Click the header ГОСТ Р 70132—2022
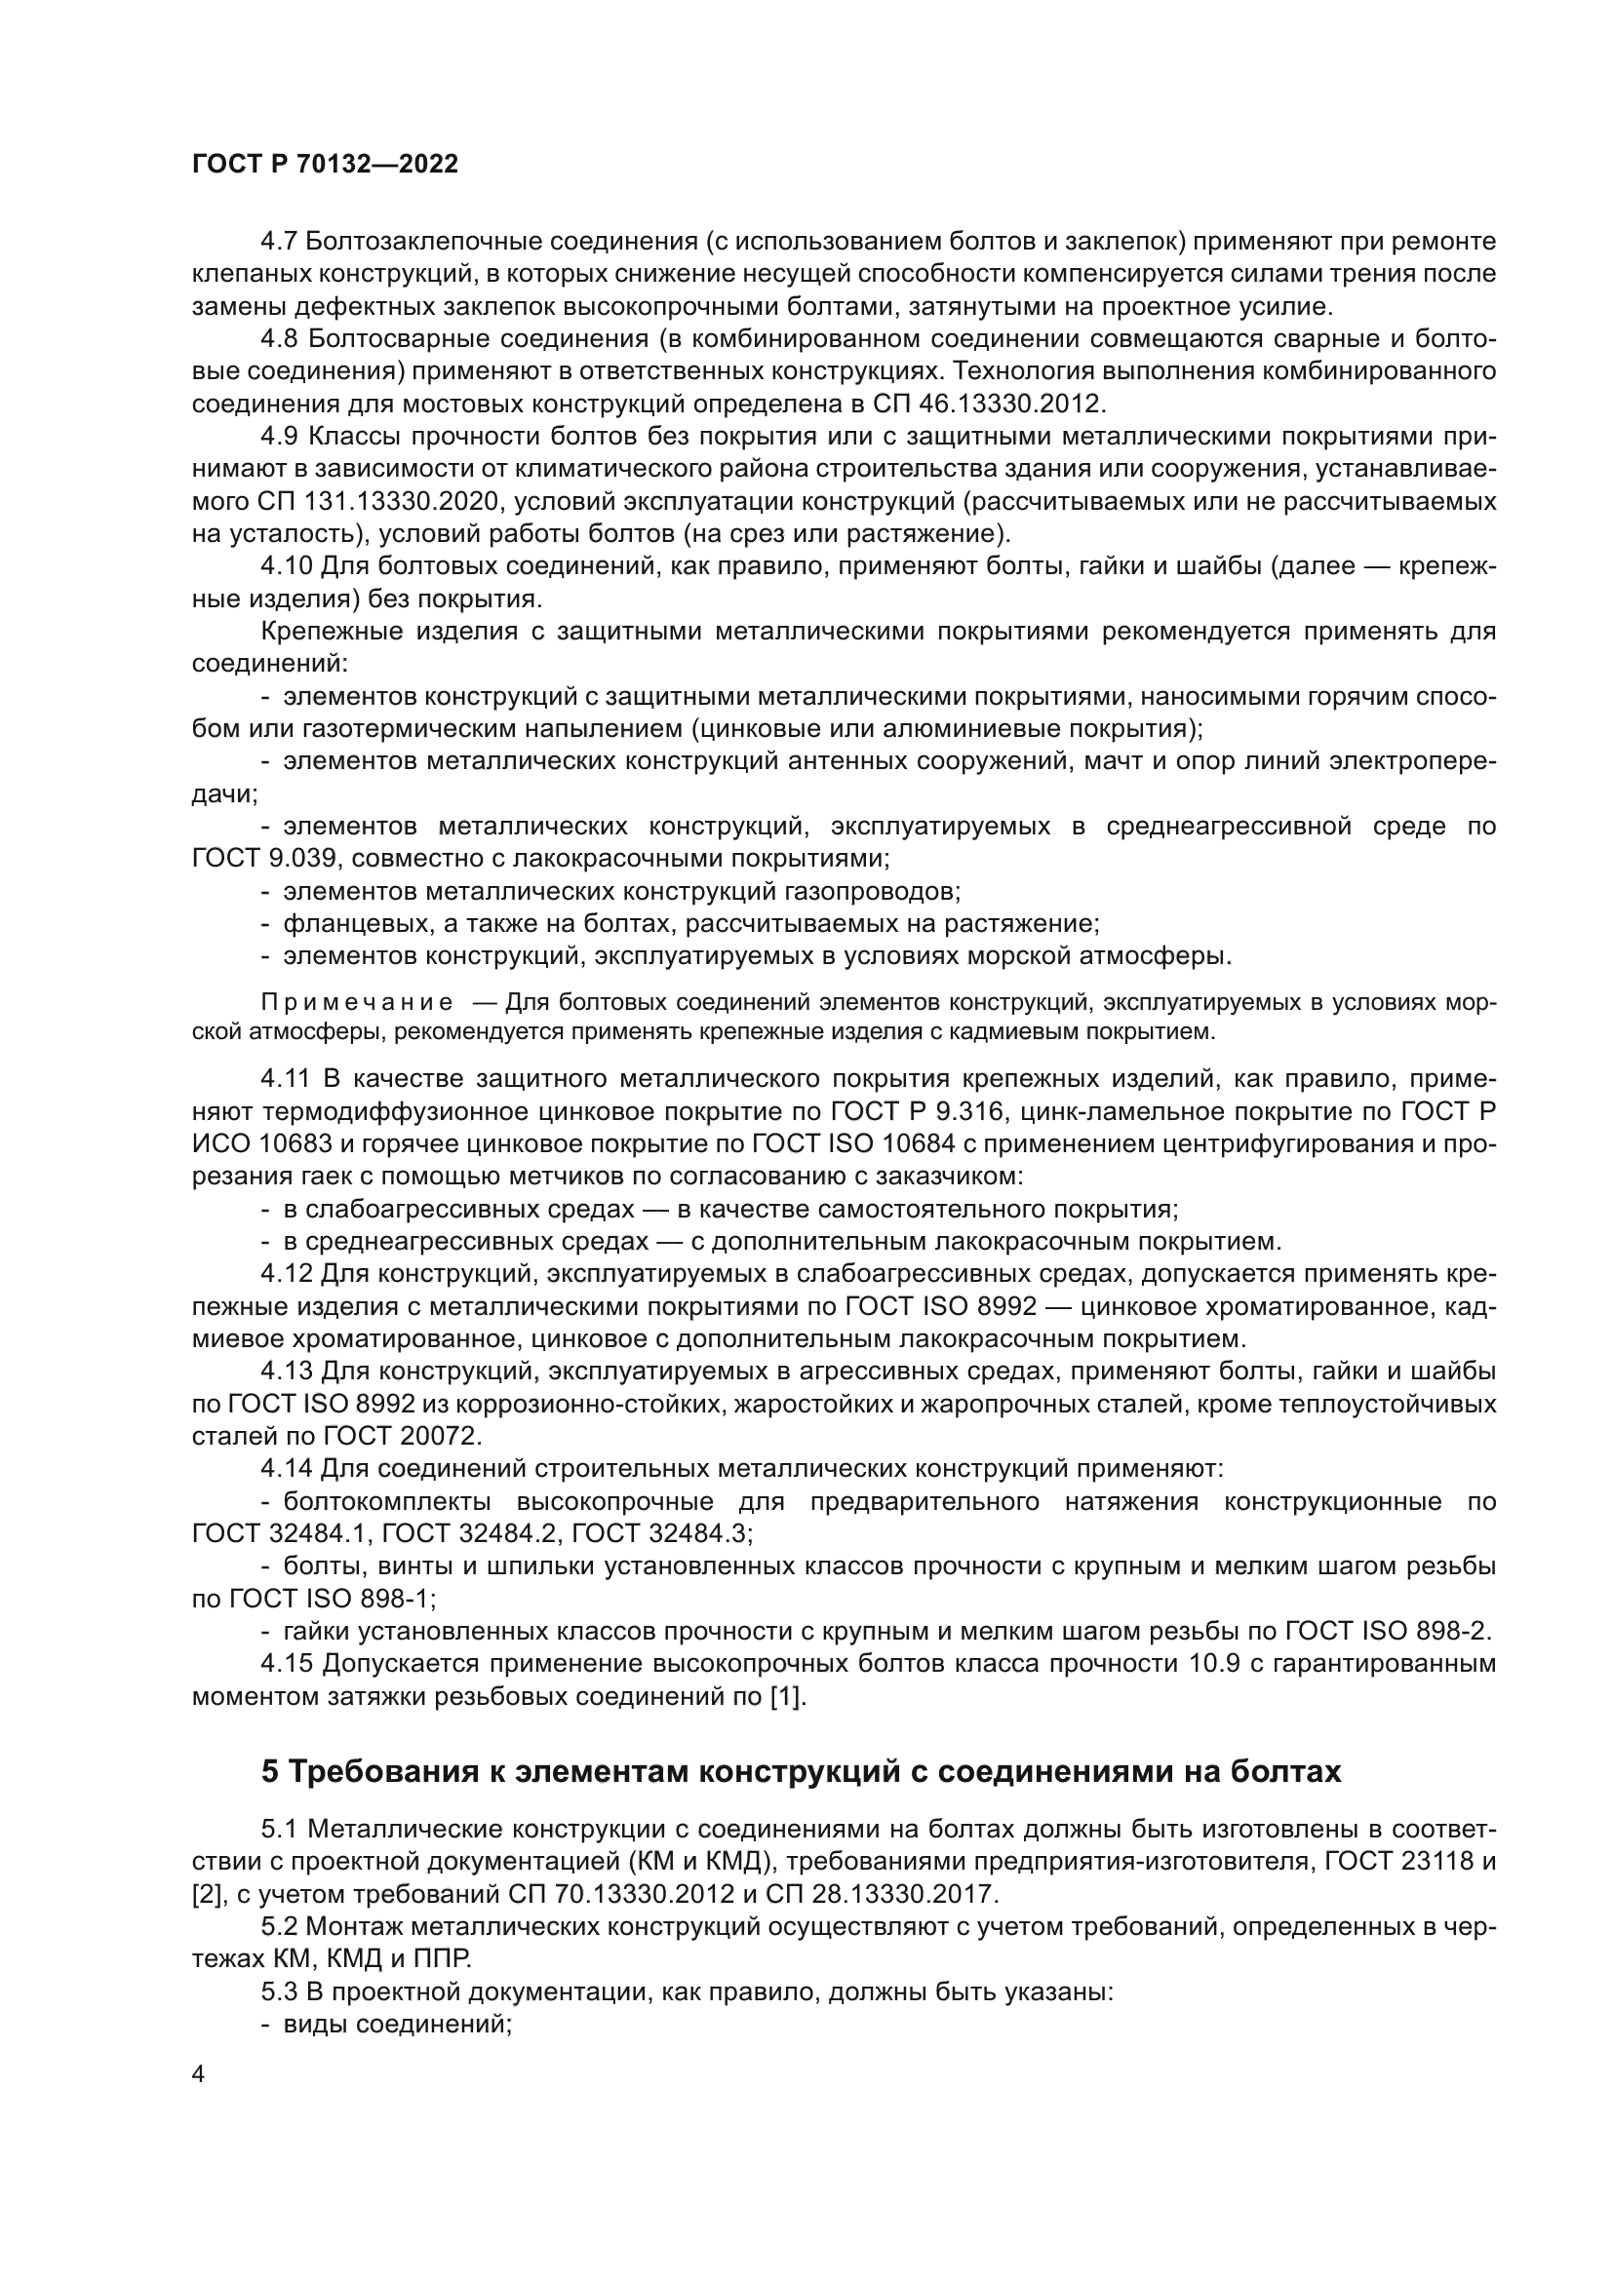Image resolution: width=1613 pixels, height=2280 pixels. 325,165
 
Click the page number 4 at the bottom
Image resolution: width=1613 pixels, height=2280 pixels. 199,2075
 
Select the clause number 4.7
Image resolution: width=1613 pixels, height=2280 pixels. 280,243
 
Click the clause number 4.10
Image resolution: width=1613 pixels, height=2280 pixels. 286,567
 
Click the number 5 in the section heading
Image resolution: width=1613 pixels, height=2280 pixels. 270,1771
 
